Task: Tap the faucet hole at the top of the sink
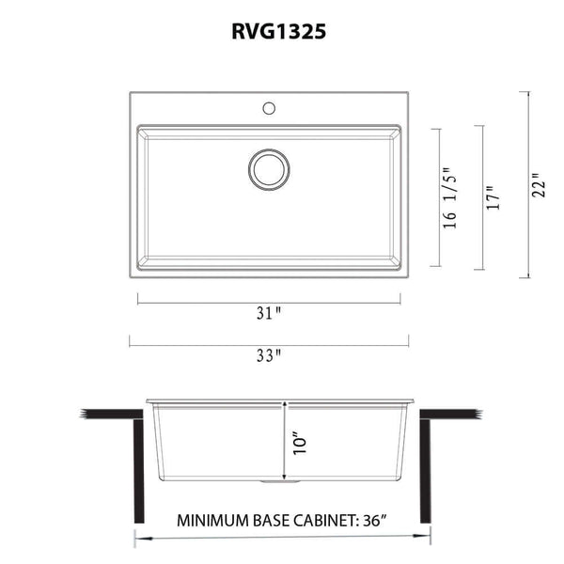point(270,107)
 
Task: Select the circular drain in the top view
point(269,169)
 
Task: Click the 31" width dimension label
point(271,314)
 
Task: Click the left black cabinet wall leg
point(138,470)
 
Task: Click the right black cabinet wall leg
point(425,470)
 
